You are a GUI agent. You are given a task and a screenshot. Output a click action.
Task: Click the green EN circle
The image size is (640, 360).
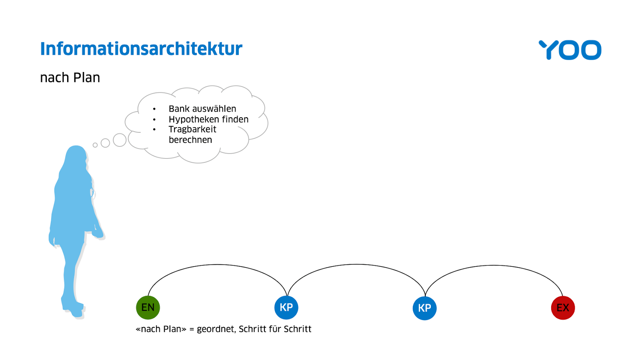pos(148,308)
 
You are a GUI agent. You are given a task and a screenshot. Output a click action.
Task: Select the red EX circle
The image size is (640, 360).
pos(563,308)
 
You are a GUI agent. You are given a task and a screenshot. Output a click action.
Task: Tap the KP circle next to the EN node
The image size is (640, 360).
pos(286,308)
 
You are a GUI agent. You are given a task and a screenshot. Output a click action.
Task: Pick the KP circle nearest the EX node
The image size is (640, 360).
pos(424,308)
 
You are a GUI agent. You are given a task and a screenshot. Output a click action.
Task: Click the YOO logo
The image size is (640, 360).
pos(570,50)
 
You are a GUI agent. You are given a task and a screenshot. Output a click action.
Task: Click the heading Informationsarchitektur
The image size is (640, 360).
pos(141,48)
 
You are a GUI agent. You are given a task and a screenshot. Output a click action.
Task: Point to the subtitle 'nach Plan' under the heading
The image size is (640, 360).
pos(70,78)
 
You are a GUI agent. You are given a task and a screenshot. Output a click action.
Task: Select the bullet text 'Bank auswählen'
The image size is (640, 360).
pos(202,108)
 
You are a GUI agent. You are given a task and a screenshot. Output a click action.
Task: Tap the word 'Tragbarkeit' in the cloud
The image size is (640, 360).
pos(192,130)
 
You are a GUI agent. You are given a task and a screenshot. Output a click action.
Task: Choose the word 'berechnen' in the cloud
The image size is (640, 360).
pos(190,140)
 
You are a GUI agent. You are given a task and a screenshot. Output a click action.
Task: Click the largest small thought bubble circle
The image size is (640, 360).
pos(120,140)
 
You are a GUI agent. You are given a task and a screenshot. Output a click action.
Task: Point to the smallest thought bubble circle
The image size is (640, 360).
pos(95,145)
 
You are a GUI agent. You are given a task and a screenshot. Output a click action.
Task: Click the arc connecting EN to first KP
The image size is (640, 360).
pos(217,264)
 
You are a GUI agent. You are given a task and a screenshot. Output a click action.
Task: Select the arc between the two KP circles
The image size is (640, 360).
pos(356,264)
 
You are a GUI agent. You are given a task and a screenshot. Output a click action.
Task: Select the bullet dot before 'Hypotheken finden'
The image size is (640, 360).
pos(154,120)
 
